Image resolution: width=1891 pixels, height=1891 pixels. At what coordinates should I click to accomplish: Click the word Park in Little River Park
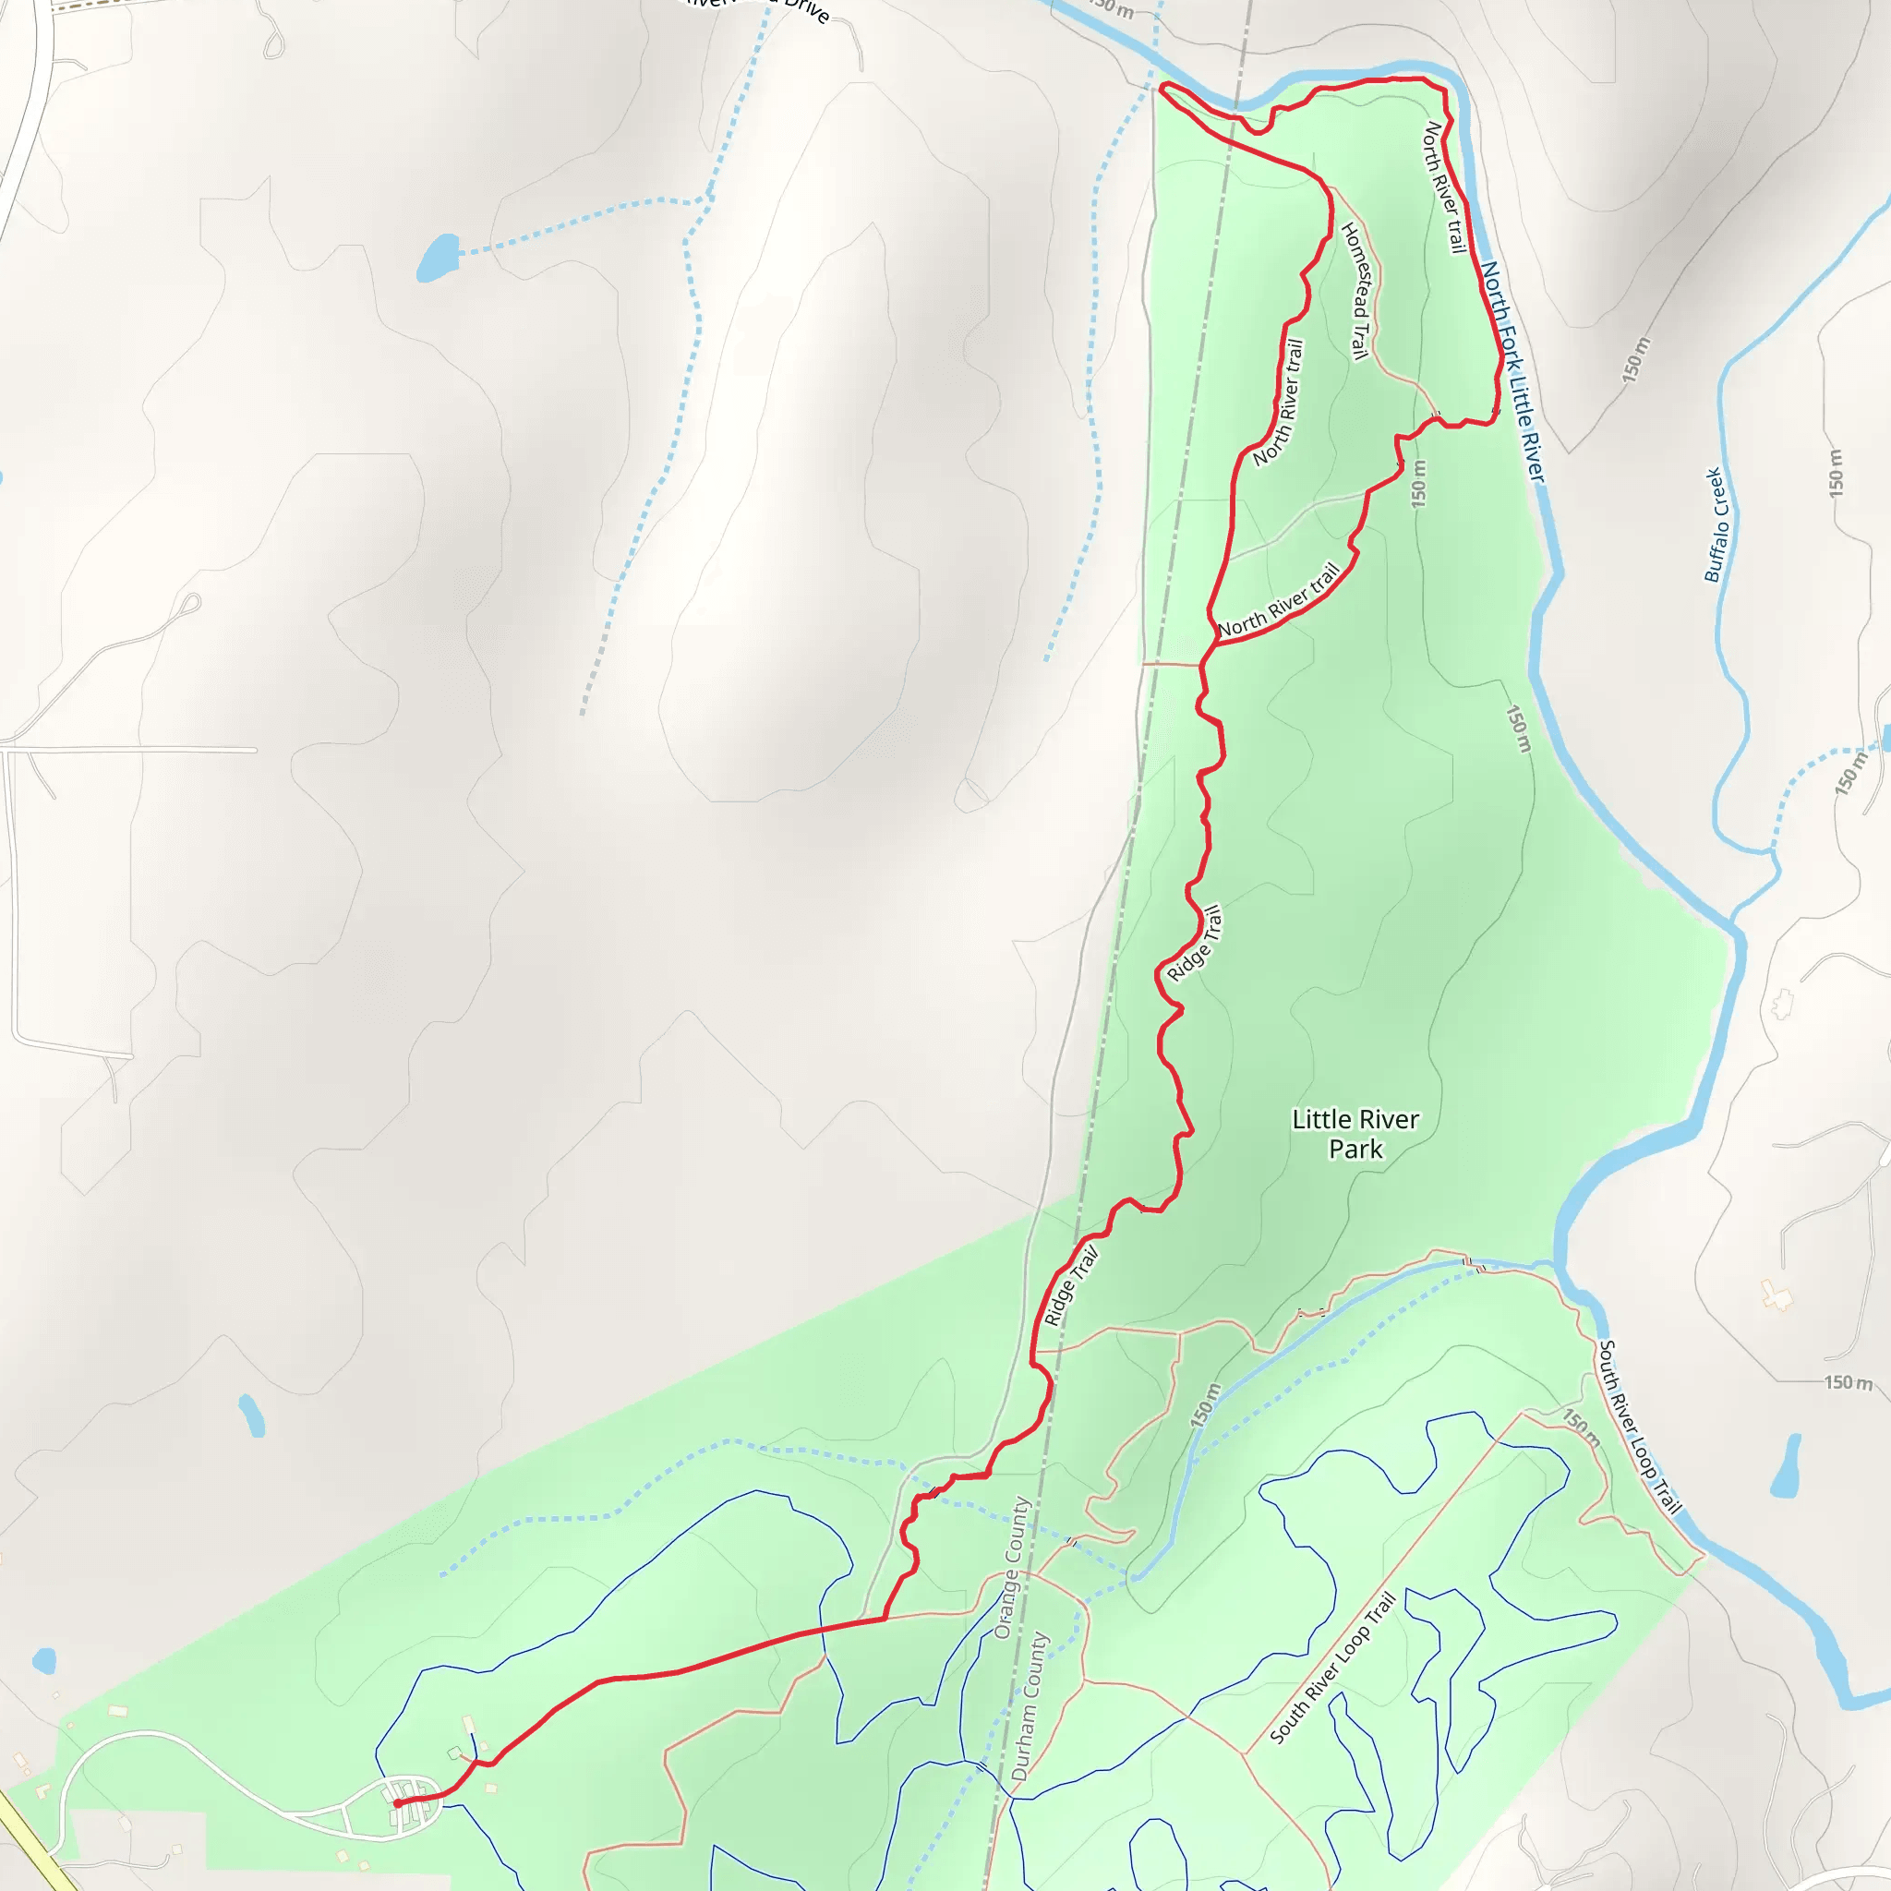pyautogui.click(x=1355, y=1149)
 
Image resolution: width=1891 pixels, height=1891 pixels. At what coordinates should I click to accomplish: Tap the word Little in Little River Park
pyautogui.click(x=1318, y=1120)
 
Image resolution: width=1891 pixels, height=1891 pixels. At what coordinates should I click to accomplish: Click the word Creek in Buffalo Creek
pyautogui.click(x=1715, y=488)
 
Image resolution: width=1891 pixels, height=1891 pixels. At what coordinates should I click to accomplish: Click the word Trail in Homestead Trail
pyautogui.click(x=1359, y=339)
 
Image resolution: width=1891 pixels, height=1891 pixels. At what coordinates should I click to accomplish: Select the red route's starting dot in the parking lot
pyautogui.click(x=397, y=1803)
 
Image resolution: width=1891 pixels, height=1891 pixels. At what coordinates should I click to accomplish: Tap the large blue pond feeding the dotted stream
pyautogui.click(x=438, y=258)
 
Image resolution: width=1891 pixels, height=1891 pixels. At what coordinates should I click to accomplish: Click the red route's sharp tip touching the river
pyautogui.click(x=1161, y=87)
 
